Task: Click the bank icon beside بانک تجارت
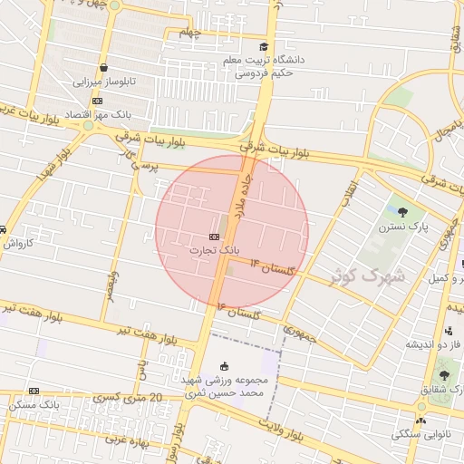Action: pyautogui.click(x=200, y=237)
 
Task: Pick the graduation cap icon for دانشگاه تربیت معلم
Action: pyautogui.click(x=263, y=47)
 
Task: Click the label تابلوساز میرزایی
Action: pyautogui.click(x=104, y=81)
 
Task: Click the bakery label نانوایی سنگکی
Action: pyautogui.click(x=419, y=434)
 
